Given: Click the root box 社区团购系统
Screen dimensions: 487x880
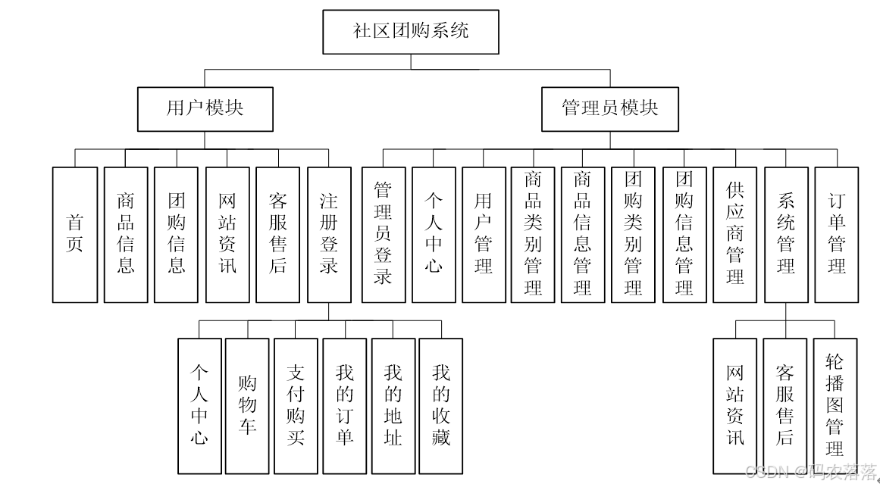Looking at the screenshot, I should (x=410, y=32).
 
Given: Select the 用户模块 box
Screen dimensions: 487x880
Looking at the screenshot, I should (x=205, y=108).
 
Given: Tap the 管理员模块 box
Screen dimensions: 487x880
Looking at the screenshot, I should (x=609, y=108).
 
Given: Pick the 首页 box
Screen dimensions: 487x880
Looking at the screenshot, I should (x=75, y=234).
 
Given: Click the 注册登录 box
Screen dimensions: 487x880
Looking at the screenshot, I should (x=329, y=234).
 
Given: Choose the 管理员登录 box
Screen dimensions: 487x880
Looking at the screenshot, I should (x=383, y=234).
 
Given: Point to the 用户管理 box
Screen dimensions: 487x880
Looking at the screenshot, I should (x=484, y=234).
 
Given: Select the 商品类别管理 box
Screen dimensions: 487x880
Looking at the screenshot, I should (x=533, y=234).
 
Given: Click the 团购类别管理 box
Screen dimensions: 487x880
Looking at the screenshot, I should (x=633, y=234).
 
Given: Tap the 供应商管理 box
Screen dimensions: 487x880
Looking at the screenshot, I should (x=734, y=234).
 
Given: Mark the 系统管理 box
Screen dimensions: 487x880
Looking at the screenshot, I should (x=786, y=234).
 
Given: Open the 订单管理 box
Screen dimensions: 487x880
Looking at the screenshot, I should (x=837, y=234).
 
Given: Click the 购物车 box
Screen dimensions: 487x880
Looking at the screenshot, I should (x=247, y=405).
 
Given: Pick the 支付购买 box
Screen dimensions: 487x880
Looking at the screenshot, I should (x=296, y=405).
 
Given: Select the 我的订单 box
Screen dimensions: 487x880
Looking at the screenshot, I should (x=345, y=405).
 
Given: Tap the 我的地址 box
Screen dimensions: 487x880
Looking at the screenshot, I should (x=393, y=405).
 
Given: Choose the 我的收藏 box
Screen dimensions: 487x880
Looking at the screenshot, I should (x=441, y=405).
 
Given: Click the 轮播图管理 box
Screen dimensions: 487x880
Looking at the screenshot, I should (x=835, y=405).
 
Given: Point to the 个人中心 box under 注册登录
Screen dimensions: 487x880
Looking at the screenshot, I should (x=199, y=405).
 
